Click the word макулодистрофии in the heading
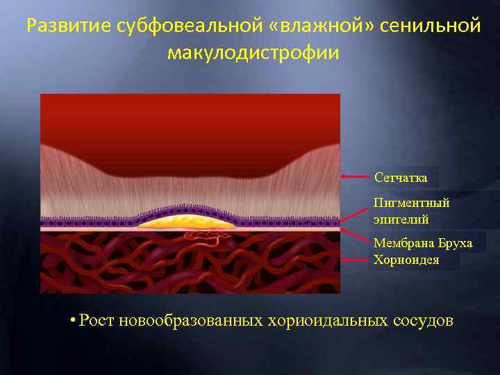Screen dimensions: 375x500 (x=253, y=53)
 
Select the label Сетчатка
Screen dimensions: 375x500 (x=401, y=178)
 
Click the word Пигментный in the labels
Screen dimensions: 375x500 (x=412, y=203)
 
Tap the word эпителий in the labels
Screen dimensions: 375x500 (x=401, y=219)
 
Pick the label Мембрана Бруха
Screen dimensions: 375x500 (x=423, y=243)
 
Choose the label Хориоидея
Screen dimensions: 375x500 (x=406, y=260)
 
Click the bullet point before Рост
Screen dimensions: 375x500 (x=72, y=320)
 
